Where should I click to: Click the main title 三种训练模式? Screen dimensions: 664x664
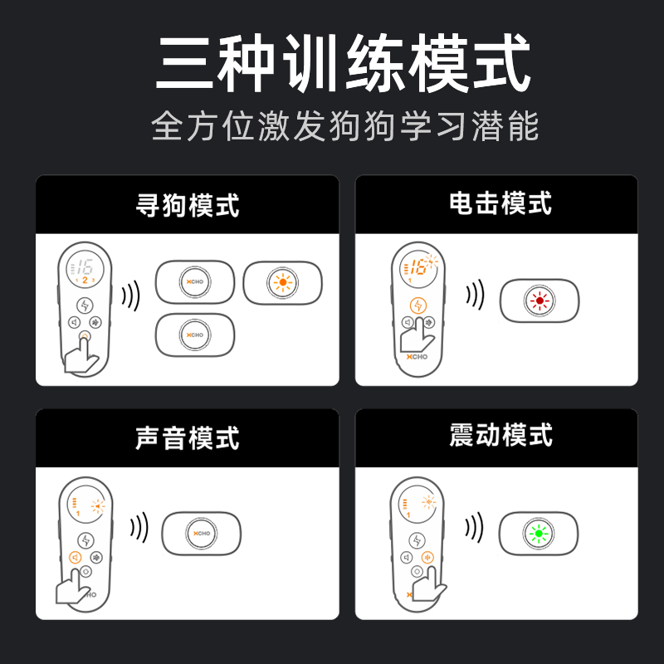pyautogui.click(x=343, y=63)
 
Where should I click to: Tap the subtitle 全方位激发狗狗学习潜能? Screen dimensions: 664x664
pyautogui.click(x=344, y=126)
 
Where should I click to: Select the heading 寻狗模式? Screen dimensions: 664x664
pyautogui.click(x=188, y=205)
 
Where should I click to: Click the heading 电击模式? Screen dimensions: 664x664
pyautogui.click(x=500, y=203)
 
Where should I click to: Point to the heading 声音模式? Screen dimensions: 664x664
pyautogui.click(x=188, y=438)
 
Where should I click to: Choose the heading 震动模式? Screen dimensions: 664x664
pyautogui.click(x=500, y=435)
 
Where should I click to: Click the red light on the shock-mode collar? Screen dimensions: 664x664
pyautogui.click(x=539, y=300)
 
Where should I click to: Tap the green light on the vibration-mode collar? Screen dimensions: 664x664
pyautogui.click(x=539, y=534)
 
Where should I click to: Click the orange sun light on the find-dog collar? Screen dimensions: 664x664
pyautogui.click(x=282, y=282)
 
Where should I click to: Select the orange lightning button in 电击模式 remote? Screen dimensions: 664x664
pyautogui.click(x=418, y=305)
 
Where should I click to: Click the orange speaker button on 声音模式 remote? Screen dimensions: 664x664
pyautogui.click(x=76, y=557)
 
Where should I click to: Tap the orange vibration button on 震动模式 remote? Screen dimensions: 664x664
pyautogui.click(x=427, y=558)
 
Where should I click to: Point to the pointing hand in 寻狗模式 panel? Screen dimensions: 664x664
pyautogui.click(x=81, y=356)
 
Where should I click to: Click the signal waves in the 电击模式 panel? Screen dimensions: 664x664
pyautogui.click(x=476, y=295)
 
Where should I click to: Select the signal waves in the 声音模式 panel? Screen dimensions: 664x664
pyautogui.click(x=139, y=528)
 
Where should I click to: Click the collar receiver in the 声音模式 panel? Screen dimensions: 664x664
pyautogui.click(x=201, y=534)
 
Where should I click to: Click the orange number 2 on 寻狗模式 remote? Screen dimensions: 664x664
pyautogui.click(x=85, y=281)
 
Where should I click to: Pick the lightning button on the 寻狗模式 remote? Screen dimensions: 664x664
pyautogui.click(x=85, y=305)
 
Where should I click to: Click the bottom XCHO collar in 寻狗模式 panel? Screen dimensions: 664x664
pyautogui.click(x=195, y=335)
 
